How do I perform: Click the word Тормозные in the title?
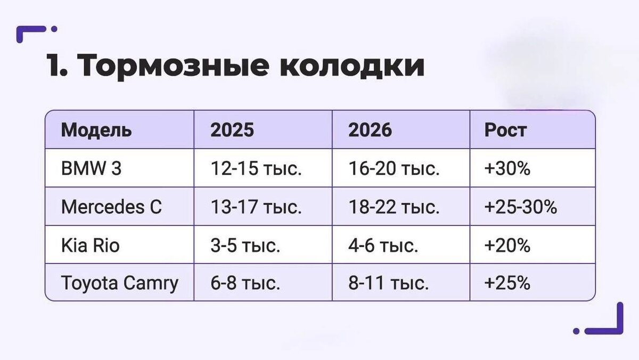pos(173,66)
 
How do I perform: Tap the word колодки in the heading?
pos(352,66)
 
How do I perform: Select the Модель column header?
pos(96,130)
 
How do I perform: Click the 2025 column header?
pos(232,130)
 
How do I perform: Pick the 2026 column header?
pos(370,130)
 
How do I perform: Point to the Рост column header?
pos(505,130)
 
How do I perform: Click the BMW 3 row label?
pos(91,168)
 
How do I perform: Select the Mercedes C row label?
pos(111,207)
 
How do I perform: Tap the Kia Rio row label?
pos(90,246)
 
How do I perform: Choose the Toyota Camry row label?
pos(119,283)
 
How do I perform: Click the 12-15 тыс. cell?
pos(256,168)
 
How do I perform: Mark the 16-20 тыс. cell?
pos(394,168)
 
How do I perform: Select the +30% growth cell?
pos(507,168)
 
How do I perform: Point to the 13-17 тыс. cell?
pos(256,207)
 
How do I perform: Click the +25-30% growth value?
pos(521,207)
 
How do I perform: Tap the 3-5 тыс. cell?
pos(245,246)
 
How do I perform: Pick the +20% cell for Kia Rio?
pos(507,246)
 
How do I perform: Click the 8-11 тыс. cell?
pos(389,283)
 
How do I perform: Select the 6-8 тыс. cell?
pos(245,283)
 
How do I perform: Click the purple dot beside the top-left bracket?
pos(54,29)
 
